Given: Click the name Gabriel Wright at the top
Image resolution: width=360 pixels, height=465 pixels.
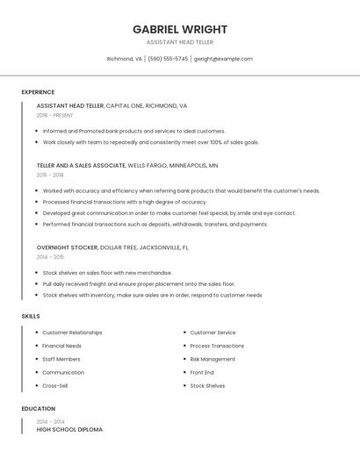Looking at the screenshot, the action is pos(179,29).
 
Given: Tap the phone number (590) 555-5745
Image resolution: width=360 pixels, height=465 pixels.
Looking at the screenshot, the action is pos(168,59).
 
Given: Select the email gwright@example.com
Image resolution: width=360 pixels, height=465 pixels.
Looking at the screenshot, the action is pos(223,59).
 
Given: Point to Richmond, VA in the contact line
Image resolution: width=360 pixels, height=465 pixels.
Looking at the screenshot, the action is pos(124,59).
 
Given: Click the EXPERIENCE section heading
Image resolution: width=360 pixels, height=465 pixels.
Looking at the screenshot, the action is pos(38,92).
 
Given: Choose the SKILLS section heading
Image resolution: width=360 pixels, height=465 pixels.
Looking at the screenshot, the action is pos(31,316).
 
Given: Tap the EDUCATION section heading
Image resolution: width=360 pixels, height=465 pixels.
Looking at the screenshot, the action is pos(38,409).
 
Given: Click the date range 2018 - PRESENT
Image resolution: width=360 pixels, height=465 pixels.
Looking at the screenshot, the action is pos(54,115).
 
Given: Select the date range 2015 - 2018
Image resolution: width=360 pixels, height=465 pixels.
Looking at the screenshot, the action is pos(50,175).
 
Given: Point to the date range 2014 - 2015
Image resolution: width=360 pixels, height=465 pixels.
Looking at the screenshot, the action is pos(50,257).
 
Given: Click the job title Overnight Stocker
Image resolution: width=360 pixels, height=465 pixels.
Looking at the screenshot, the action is pos(68,247).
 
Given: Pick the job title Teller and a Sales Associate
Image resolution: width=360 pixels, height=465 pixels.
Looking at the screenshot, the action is pos(81,165).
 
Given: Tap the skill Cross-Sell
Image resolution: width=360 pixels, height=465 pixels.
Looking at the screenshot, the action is pos(54,386).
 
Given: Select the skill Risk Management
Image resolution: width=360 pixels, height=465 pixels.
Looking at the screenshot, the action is pos(212,359).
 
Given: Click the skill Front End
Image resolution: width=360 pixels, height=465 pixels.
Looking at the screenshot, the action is pos(202,372).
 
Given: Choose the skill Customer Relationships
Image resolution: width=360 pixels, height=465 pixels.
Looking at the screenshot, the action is pos(72,333).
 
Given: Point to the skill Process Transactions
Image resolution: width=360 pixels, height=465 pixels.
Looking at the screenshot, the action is pos(217,346).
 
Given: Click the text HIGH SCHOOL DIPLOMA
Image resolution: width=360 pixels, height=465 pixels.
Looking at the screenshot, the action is pos(69,430).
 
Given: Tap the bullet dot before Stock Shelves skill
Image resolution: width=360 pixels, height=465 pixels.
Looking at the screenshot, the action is pos(184,386).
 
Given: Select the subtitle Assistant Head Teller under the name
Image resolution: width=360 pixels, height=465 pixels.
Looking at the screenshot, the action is pos(179,42).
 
